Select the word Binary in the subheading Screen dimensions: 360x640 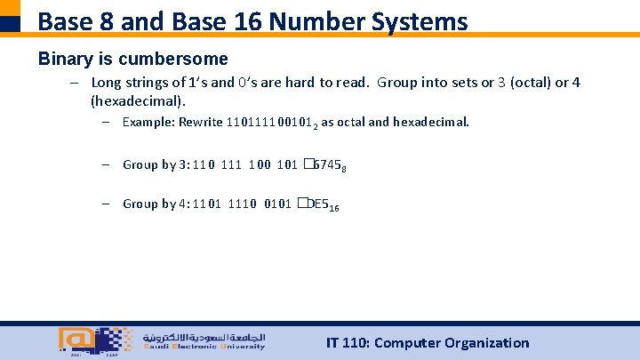[64, 60]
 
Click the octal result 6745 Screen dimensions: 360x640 [323, 164]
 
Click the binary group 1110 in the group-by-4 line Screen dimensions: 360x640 [242, 204]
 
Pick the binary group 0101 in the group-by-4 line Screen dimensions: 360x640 [277, 204]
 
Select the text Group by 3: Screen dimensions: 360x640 [154, 164]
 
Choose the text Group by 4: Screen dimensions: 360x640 [154, 204]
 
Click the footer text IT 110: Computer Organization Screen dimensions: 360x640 [428, 343]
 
